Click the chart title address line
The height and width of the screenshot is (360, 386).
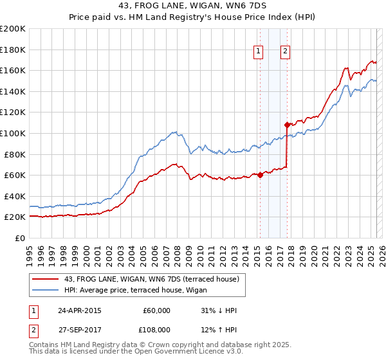click(193, 6)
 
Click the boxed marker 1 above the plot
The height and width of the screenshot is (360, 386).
click(258, 52)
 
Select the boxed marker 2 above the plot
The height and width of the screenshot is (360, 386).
click(284, 52)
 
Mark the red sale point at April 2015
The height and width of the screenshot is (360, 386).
click(260, 175)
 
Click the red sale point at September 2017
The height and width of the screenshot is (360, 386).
click(287, 125)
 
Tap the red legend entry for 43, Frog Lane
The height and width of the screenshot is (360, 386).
click(151, 278)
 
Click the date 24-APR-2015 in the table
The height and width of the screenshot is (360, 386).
click(80, 310)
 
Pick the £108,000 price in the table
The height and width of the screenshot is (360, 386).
click(156, 329)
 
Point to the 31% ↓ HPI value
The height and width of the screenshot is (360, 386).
click(218, 310)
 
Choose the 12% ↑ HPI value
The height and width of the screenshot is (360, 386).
click(218, 329)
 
